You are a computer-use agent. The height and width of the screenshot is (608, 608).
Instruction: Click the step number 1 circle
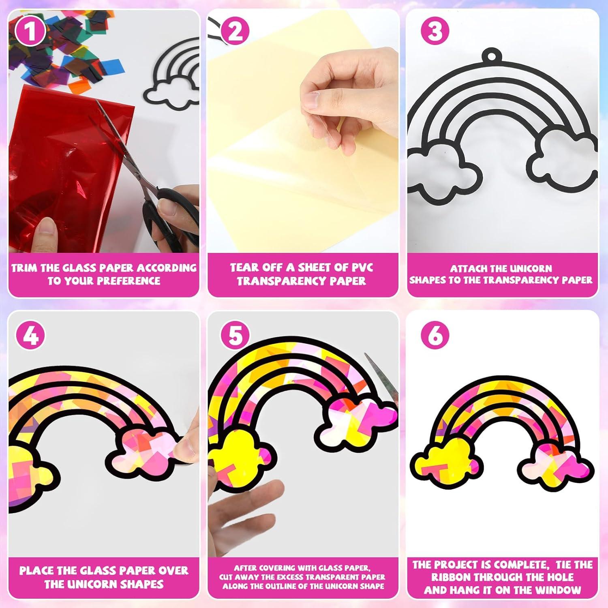tap(30, 31)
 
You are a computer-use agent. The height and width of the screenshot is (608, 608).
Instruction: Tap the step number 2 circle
tap(235, 31)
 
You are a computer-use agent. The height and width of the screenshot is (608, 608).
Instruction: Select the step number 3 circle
tap(435, 31)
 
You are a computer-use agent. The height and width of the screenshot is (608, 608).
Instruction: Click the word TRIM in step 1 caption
tap(26, 268)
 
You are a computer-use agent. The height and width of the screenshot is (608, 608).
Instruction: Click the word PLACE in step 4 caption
tap(37, 571)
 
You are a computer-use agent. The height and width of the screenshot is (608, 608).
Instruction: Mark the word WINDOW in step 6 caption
tap(557, 590)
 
